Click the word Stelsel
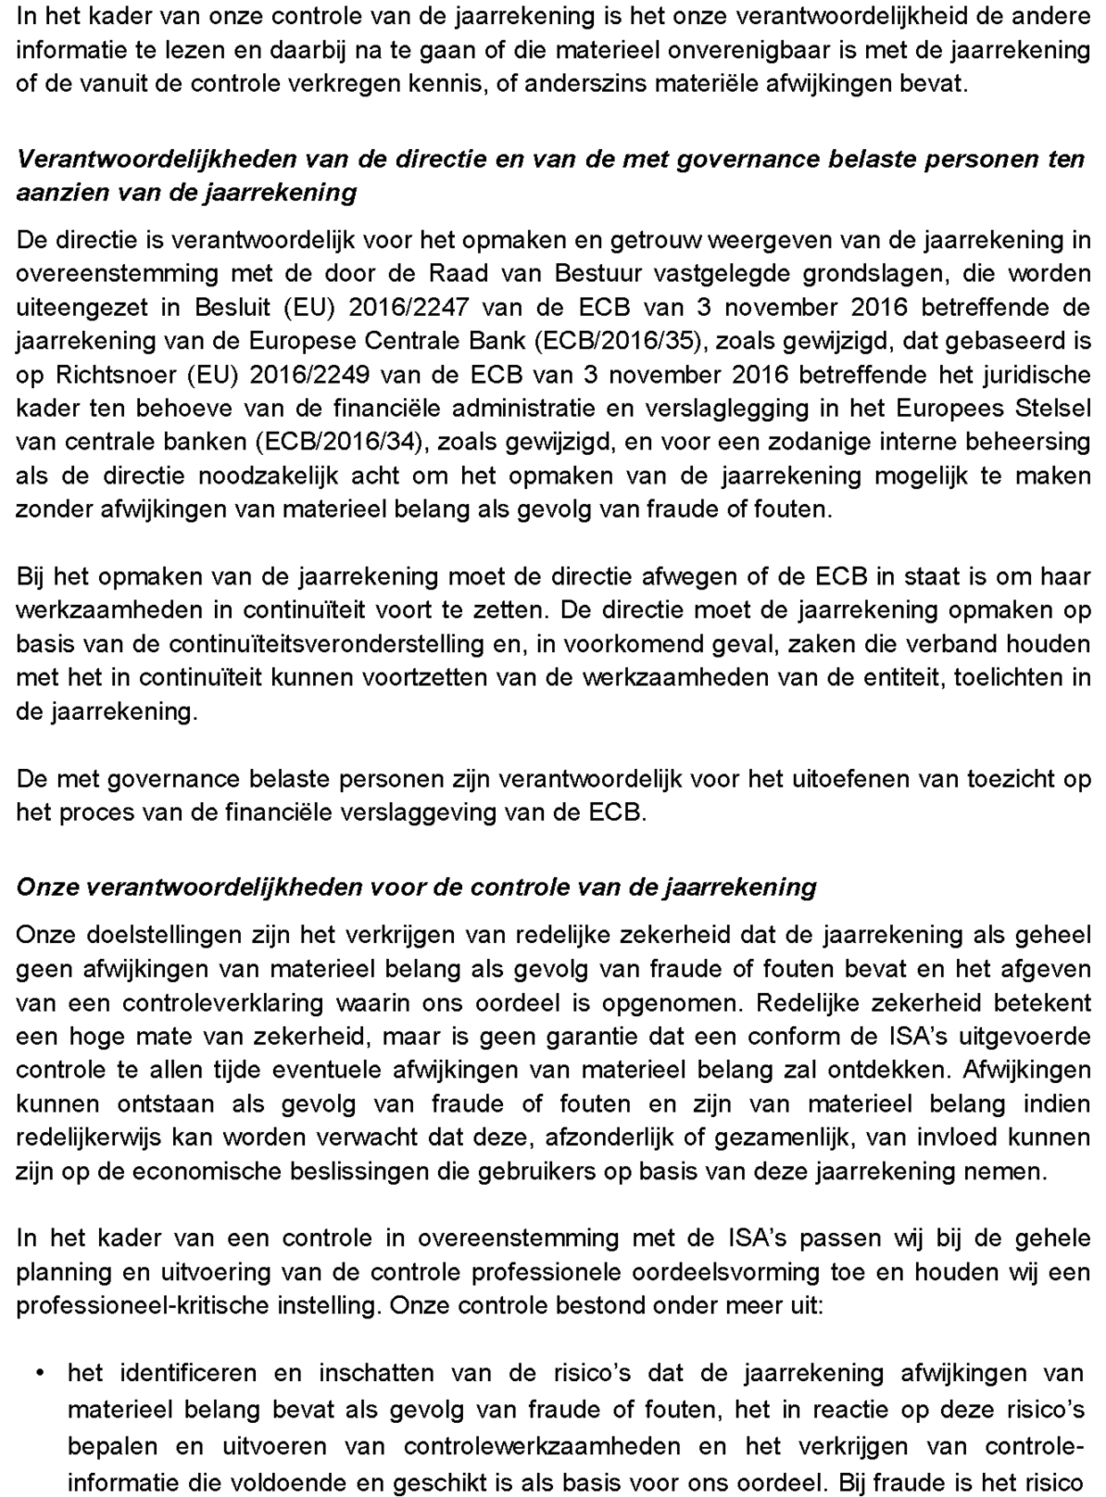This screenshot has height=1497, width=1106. pyautogui.click(x=1053, y=409)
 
